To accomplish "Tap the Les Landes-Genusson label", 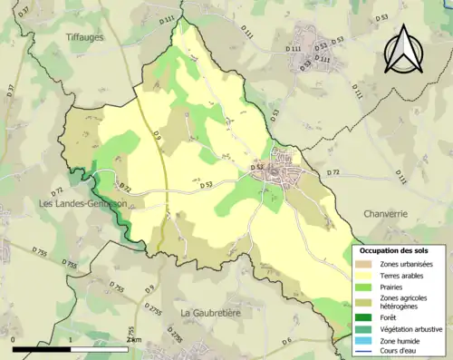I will pos(82,204).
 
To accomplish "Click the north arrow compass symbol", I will pos(402,50).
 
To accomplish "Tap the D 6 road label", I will pos(284,341).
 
